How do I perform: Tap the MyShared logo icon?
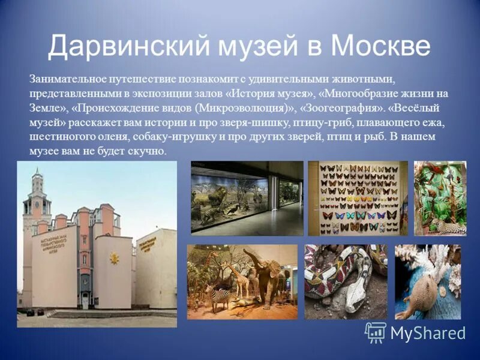pos(376,332)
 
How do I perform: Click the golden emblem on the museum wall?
pos(113,258)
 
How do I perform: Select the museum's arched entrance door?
pos(85,300)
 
